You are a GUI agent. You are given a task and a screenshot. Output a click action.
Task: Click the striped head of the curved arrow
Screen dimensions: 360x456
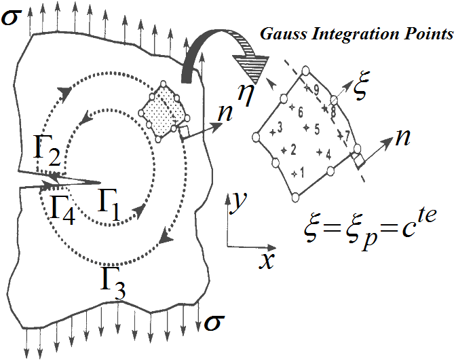pos(249,66)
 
